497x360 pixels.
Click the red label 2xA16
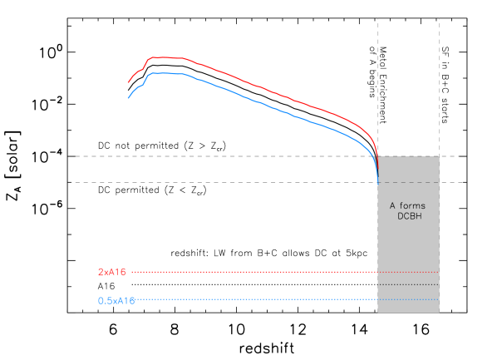coord(111,272)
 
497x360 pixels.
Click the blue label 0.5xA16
coord(116,300)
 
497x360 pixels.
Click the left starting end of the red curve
coord(128,82)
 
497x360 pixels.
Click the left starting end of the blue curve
coord(128,98)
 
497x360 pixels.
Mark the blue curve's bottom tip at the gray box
coord(378,181)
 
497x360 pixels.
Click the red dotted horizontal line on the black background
coord(249,272)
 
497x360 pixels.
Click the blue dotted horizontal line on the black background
coord(249,299)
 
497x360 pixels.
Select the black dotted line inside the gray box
coord(408,284)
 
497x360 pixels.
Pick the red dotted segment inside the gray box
coord(408,272)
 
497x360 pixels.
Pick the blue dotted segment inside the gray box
coord(408,299)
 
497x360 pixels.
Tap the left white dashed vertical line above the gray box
coord(378,83)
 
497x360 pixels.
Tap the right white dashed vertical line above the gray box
coord(439,83)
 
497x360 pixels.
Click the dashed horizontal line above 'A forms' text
coord(408,182)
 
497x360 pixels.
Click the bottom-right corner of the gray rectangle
coord(439,313)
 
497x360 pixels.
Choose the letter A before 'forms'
coord(393,205)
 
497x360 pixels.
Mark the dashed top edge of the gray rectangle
coord(408,156)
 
